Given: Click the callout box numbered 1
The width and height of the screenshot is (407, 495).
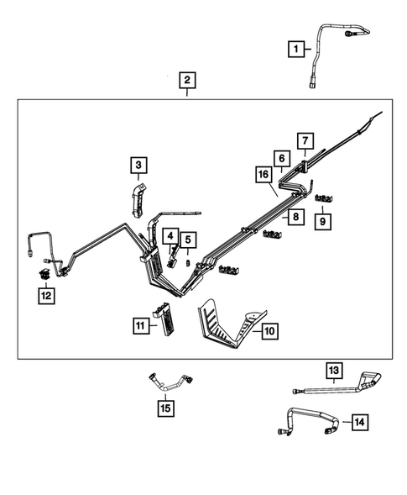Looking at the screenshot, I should point(295,50).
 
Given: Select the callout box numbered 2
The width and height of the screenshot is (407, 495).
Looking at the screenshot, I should point(187,82).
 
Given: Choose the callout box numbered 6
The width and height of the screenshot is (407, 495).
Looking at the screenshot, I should point(283,158).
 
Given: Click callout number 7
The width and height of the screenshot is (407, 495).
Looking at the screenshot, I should point(305,140).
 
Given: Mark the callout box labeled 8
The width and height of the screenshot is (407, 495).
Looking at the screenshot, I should point(295,217).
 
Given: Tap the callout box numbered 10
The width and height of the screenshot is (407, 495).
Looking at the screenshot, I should point(269,332).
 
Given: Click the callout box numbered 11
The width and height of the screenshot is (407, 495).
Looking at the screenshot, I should point(139,324).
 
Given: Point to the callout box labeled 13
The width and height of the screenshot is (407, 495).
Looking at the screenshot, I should point(333,371).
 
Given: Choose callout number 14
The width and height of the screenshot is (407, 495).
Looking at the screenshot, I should point(360,422).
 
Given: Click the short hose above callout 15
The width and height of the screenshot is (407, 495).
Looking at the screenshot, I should point(170,382).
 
